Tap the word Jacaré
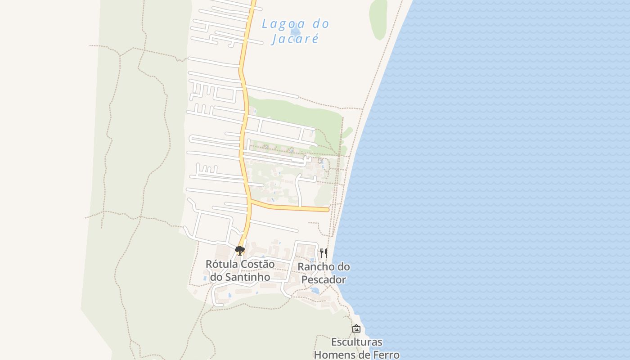295,39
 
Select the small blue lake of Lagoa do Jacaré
296,31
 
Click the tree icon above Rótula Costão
240,250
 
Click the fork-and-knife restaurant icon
323,253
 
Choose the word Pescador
324,279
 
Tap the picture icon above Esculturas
356,328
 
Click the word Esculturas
356,342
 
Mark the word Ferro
385,355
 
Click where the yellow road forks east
250,202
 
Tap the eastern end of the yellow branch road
327,209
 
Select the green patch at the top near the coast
378,19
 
